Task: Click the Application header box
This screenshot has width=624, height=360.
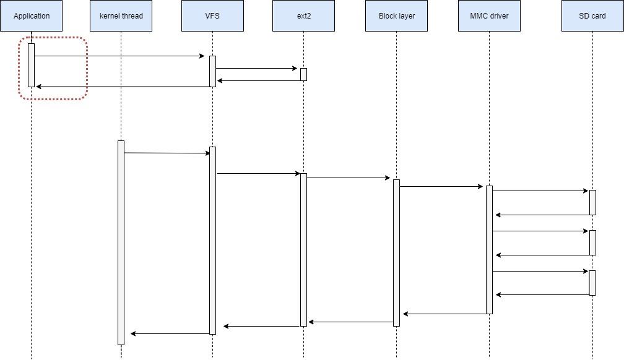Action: coord(31,15)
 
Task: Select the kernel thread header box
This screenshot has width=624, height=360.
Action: coord(121,15)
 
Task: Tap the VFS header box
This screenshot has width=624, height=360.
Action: coord(212,15)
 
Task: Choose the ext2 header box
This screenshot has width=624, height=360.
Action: coord(303,15)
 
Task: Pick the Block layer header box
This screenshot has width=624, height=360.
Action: coord(397,15)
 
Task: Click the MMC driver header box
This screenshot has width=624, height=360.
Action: coord(489,15)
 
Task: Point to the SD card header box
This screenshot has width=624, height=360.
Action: coord(592,15)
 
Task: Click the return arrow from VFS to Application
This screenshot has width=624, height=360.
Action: coord(124,87)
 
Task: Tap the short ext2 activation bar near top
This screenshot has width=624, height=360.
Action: coord(303,74)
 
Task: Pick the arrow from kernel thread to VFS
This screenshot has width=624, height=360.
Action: coord(167,153)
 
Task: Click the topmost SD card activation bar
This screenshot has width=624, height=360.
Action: coord(592,202)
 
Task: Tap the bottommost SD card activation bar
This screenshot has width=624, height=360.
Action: coord(592,283)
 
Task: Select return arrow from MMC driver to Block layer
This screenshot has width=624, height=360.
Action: coord(444,314)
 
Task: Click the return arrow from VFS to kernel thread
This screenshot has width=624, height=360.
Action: coord(170,334)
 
